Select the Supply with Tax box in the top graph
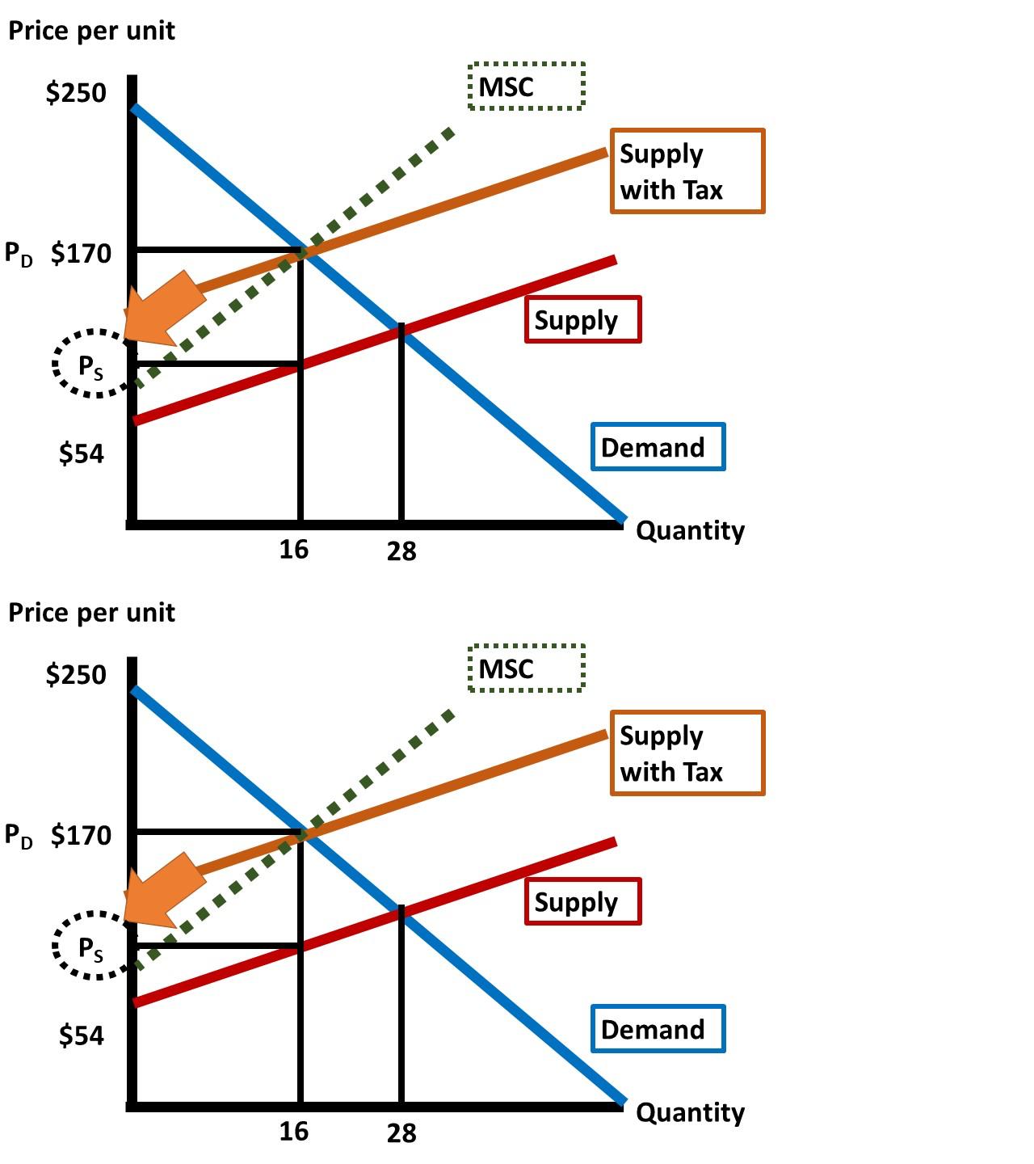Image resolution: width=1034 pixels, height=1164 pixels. point(687,171)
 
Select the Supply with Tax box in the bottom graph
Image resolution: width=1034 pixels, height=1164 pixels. point(687,753)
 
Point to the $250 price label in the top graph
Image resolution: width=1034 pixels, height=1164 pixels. point(76,93)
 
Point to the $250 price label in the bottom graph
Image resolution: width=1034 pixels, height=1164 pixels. point(76,674)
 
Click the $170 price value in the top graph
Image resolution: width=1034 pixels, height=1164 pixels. point(81,254)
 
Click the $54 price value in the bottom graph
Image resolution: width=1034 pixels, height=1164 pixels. point(82,1035)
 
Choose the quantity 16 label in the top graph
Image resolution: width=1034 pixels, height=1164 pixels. point(294,550)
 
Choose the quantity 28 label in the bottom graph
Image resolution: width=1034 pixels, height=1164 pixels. point(401,1133)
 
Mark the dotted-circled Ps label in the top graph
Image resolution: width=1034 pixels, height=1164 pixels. point(91,366)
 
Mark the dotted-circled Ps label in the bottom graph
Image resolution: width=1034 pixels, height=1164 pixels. point(91,948)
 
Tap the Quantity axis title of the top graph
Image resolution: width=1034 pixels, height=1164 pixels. point(690,531)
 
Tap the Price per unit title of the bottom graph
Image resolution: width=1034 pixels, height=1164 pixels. point(91,613)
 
